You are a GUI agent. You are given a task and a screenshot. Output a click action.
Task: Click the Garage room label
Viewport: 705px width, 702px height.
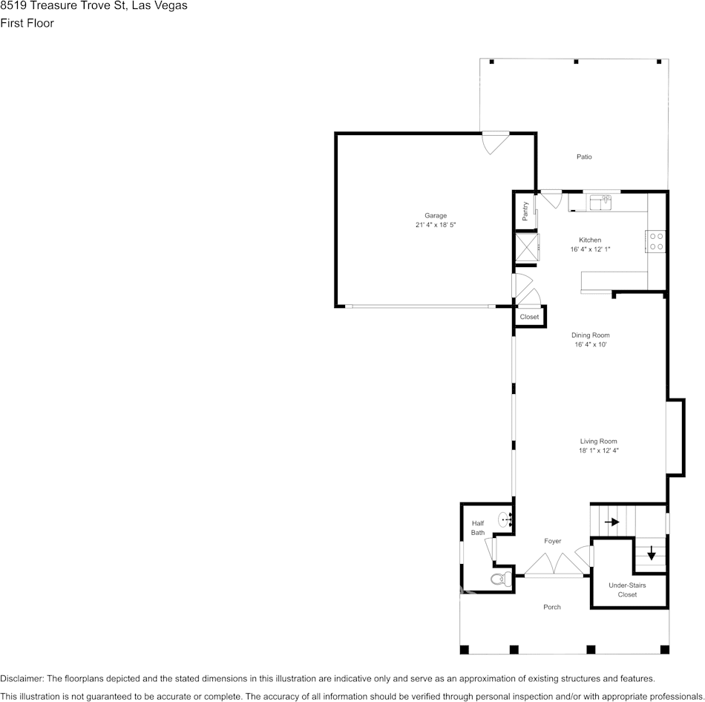[436, 215]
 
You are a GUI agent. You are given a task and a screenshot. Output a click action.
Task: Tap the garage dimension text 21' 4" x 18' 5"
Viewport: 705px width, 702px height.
[441, 225]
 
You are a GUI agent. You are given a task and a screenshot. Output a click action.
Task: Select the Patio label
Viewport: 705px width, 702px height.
[584, 157]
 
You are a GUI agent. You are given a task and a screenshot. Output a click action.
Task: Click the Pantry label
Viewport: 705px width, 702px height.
[525, 211]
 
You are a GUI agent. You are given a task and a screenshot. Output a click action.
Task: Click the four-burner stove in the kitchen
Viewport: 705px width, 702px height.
[656, 241]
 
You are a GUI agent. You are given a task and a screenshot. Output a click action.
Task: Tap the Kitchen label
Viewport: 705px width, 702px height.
[590, 240]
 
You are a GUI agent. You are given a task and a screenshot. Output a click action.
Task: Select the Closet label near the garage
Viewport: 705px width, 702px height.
[529, 317]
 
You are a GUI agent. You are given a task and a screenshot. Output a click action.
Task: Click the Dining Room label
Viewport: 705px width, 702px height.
[590, 335]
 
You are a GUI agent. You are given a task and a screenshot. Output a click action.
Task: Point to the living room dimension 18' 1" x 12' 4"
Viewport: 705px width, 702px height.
[598, 450]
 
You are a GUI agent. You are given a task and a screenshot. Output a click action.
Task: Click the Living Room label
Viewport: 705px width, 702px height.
[598, 441]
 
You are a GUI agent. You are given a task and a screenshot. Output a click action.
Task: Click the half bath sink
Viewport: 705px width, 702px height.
[504, 519]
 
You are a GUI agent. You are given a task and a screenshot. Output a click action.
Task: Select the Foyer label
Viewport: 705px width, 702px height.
[552, 541]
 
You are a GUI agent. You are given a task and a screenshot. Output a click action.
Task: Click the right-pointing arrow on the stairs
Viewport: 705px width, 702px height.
[611, 522]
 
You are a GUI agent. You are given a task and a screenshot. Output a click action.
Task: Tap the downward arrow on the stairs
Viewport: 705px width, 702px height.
[652, 553]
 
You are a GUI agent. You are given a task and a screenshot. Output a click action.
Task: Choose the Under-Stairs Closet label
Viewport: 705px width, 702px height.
[627, 590]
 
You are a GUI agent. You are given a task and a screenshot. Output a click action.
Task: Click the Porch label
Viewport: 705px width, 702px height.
[551, 607]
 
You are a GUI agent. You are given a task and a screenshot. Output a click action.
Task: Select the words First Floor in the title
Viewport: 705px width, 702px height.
[27, 23]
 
